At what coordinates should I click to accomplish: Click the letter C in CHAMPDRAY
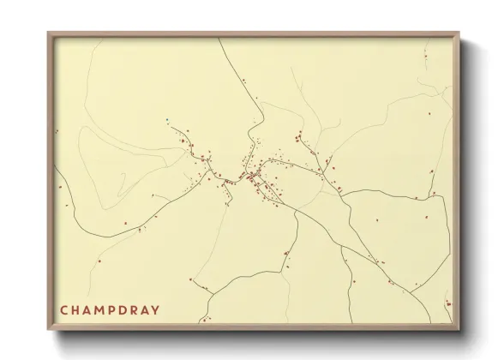point(63,309)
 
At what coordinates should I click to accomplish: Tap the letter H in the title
point(76,309)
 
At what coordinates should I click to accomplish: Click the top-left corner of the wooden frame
point(49,33)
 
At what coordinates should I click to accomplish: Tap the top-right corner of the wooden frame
point(459,33)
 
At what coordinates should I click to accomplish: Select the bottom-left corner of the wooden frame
point(49,329)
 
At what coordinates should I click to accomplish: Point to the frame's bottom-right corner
point(459,329)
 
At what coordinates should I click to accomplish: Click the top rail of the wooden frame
point(254,35)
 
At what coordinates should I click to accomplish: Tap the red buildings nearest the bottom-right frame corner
point(447,303)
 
